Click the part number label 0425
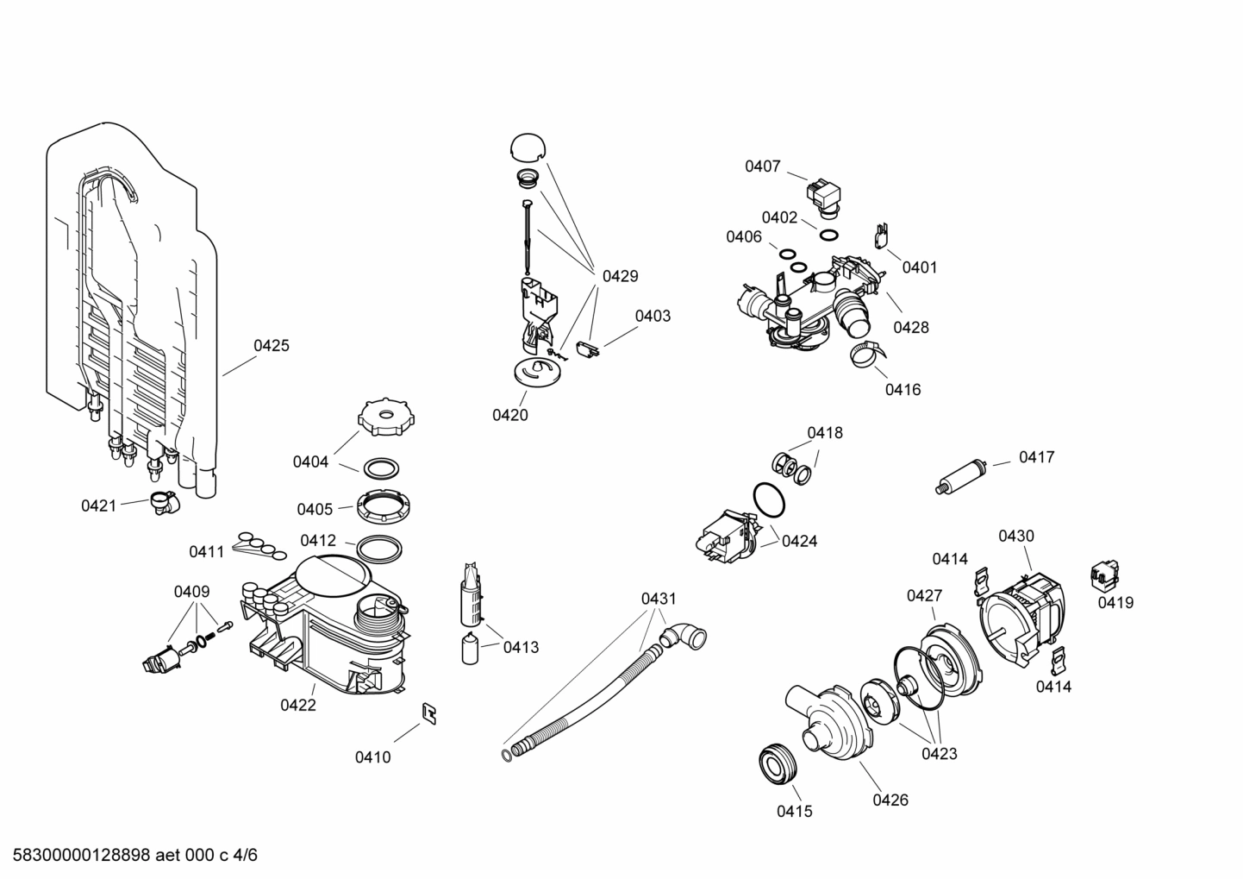coord(271,346)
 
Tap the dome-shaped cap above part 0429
coord(528,148)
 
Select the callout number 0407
coord(762,166)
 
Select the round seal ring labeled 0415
coord(779,763)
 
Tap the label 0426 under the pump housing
coord(890,800)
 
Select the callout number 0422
coord(297,705)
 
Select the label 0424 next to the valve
coord(799,542)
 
